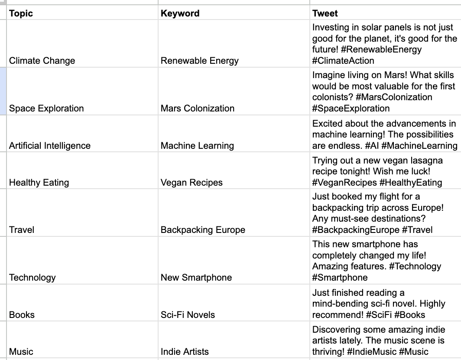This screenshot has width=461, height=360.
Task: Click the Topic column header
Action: point(21,13)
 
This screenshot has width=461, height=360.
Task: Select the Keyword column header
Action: point(180,13)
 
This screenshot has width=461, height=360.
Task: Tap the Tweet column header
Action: point(325,13)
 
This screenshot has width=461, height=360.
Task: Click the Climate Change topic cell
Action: point(42,61)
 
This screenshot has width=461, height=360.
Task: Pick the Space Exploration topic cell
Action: point(46,108)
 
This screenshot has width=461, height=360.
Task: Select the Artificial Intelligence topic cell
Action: point(50,146)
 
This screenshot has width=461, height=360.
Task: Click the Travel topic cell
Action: point(22,230)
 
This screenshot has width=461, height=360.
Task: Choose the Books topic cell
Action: point(22,314)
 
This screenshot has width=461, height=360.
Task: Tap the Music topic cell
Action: point(21,352)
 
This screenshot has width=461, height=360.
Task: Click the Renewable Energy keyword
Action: point(199,61)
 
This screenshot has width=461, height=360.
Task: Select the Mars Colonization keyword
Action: point(197,108)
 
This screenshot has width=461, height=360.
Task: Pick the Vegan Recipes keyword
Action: point(192,183)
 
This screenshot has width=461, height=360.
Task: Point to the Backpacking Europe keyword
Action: point(203,230)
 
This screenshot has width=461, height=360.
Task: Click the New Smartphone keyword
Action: point(196,278)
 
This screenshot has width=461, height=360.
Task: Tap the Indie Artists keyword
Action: point(185,352)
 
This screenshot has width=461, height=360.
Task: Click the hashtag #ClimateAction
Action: point(343,61)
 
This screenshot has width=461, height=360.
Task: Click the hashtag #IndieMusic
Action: point(366,352)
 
